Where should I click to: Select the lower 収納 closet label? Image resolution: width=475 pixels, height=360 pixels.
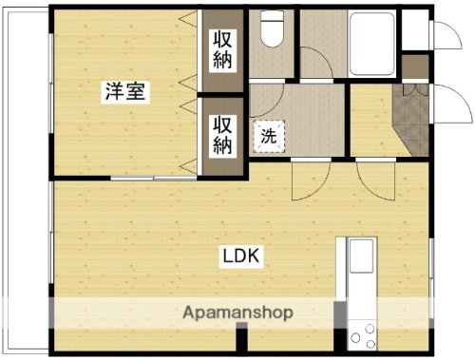(x=222, y=134)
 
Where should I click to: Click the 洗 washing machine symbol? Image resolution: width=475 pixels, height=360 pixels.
(x=269, y=135)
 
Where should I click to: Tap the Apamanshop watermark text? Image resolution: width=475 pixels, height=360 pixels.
(x=237, y=312)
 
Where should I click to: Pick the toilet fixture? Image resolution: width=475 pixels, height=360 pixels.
(x=272, y=30)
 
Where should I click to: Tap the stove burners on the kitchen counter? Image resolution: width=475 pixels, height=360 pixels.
(x=362, y=332)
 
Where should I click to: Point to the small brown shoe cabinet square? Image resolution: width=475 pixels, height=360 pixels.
(x=415, y=67)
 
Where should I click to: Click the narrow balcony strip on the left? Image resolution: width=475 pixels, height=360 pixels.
(x=25, y=190)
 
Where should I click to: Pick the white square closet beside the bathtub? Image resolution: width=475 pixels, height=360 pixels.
(x=414, y=31)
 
